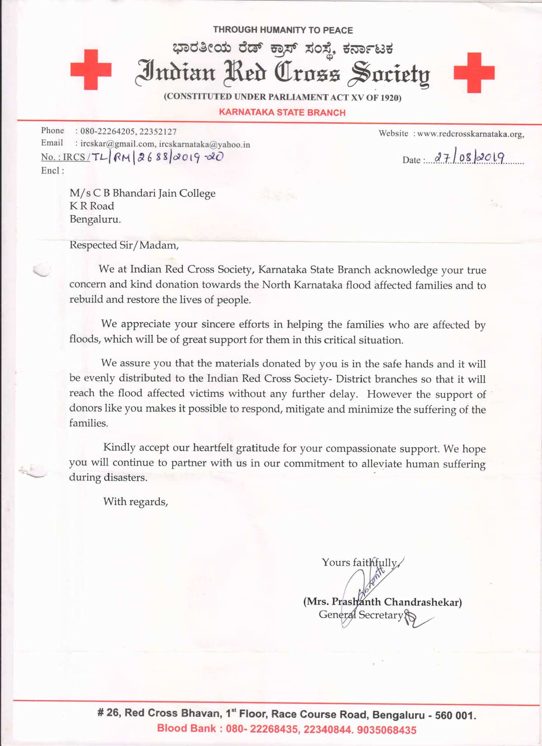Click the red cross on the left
pos(91,69)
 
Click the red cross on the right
pos(474,72)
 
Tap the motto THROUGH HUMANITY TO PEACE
pos(283,30)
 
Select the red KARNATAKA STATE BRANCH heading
pos(282,113)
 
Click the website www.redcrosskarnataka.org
pos(470,134)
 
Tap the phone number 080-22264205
pos(107,132)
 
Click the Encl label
pos(52,170)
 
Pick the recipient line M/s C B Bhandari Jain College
pos(142,193)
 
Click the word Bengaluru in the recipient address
pos(95,220)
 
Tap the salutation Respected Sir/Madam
pos(124,245)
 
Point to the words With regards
pos(135,501)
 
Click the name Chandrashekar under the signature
pos(422,602)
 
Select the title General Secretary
pos(360,615)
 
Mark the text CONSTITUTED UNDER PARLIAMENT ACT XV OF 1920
pos(282,97)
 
